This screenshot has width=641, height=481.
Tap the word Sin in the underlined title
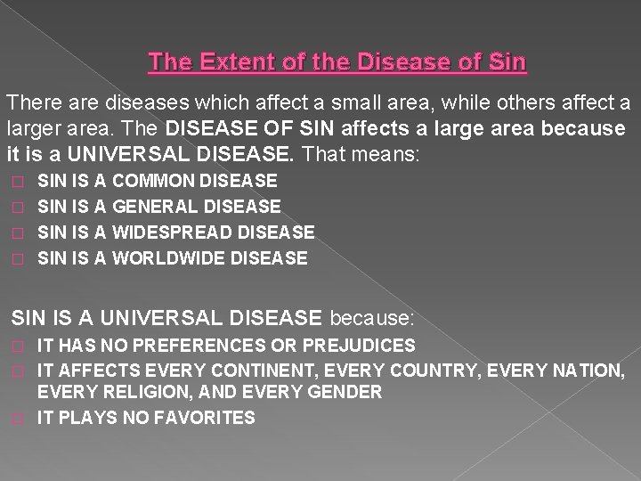(507, 63)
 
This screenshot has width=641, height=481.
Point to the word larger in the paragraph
(34, 128)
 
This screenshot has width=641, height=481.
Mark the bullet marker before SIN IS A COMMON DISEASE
(14, 182)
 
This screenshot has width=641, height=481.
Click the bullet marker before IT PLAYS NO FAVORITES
(14, 418)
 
